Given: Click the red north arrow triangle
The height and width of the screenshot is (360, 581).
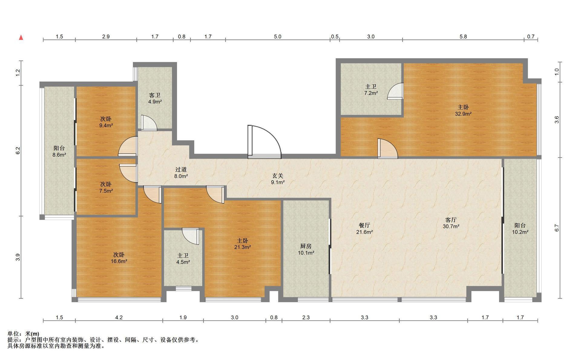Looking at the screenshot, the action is point(21,38).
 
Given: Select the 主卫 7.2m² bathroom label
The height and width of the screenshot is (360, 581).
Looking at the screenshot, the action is point(371,90).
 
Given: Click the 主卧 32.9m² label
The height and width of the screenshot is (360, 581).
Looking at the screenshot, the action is point(463,110).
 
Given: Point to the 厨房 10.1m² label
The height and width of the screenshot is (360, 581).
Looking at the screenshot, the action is point(306,250).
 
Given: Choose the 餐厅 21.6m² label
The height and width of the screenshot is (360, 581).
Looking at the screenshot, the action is point(364,229).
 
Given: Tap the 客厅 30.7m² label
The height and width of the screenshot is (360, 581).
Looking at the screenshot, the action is point(451,223).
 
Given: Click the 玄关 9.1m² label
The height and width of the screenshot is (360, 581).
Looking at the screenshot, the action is point(277,179).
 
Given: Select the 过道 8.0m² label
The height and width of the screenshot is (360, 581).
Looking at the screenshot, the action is point(181,173).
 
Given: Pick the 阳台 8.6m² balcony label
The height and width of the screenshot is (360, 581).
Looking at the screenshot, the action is point(59,151).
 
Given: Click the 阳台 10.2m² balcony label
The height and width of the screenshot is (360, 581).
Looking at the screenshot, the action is point(520,229).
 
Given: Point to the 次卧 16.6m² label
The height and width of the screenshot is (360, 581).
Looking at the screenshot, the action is point(119,258).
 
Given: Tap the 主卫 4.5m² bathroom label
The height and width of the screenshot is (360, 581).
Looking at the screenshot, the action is point(183,259).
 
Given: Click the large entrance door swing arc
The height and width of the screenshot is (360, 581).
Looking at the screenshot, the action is point(274,135).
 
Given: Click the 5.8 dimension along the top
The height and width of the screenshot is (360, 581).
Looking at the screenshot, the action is point(463,37).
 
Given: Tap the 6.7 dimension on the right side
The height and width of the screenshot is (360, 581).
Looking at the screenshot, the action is point(557,228).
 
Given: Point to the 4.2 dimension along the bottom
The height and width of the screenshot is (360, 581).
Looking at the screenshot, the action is point(119,317).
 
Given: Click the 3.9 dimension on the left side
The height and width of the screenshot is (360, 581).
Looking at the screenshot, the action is point(18,257).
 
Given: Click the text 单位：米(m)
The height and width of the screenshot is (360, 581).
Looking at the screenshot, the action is point(23,334).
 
